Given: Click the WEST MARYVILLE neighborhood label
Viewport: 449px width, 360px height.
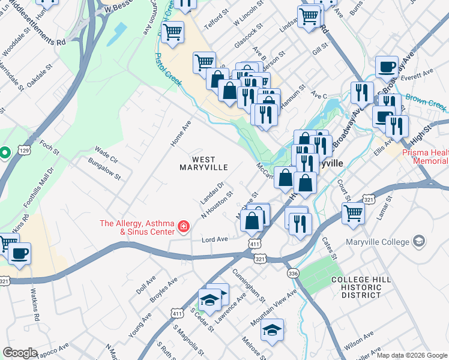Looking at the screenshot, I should [204, 163].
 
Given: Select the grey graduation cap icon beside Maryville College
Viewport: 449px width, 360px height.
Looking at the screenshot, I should [419, 242].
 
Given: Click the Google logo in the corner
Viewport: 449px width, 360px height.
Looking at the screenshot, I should [20, 353].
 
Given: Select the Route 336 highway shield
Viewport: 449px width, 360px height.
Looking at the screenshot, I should [292, 274].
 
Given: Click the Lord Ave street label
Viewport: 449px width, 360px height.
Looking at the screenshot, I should [214, 239].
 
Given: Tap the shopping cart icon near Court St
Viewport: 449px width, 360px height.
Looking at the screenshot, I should [353, 212].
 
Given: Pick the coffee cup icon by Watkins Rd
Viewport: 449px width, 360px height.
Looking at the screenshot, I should [20, 253].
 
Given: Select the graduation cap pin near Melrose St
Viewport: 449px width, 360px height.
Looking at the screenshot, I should [272, 329].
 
